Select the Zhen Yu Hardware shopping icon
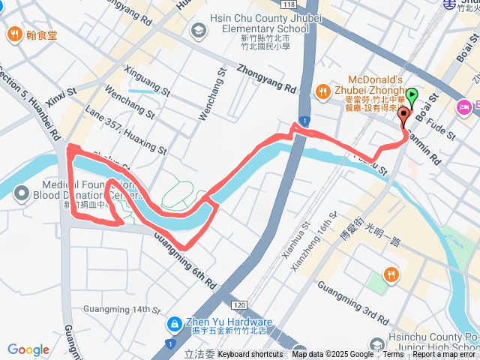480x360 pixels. pos(174,322)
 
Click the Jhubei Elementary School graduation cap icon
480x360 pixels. pos(199,30)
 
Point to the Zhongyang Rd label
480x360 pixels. pos(266,77)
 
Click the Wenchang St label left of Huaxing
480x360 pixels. pos(129,105)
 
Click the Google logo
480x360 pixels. pos(28,350)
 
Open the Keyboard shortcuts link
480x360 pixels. pos(250,355)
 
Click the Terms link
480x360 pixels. pos(393,355)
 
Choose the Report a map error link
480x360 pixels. pos(445,355)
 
